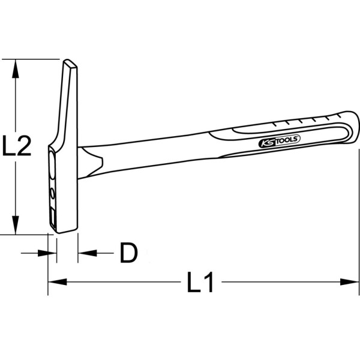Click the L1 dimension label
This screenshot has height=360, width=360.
(200, 282)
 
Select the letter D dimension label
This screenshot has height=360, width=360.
(128, 253)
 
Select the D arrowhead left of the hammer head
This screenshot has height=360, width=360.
(43, 253)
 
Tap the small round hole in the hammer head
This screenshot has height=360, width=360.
(52, 193)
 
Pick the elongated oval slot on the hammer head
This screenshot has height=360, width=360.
(52, 167)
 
